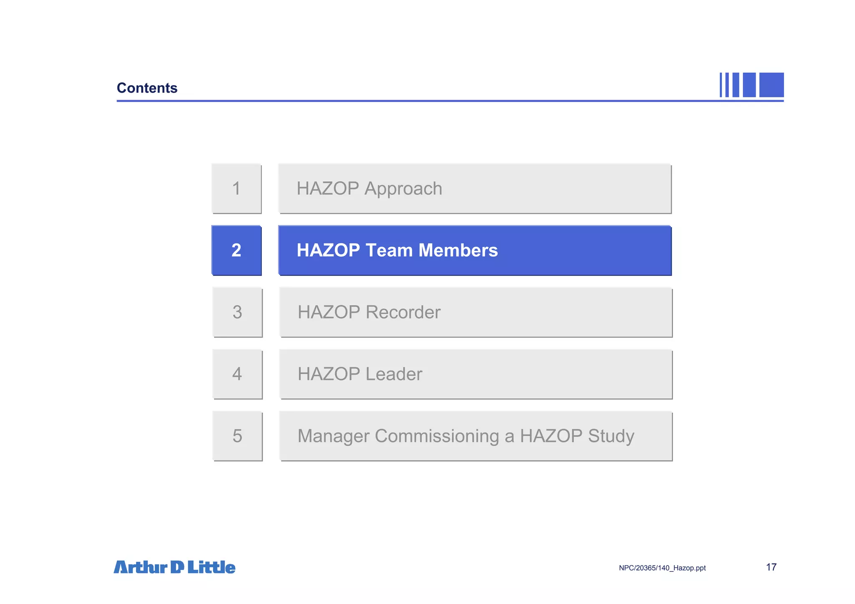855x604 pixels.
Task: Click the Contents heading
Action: click(147, 88)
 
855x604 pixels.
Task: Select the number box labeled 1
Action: click(236, 189)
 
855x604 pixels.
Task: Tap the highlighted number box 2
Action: click(236, 250)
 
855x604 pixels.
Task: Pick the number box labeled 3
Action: click(237, 312)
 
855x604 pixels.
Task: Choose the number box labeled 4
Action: click(237, 374)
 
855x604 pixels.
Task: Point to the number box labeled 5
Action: click(237, 436)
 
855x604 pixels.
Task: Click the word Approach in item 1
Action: click(403, 189)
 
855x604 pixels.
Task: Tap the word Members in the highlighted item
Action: click(458, 250)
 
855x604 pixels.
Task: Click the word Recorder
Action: click(403, 312)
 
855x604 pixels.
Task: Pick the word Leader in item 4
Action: click(394, 374)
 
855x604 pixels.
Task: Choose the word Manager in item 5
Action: click(333, 436)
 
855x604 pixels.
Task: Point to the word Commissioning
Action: click(437, 436)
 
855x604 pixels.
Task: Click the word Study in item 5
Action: click(611, 436)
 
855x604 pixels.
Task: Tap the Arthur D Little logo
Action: click(175, 567)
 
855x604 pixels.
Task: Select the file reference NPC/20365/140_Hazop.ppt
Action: click(662, 568)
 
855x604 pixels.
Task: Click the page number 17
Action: click(771, 567)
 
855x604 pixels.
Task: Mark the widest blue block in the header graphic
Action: click(771, 85)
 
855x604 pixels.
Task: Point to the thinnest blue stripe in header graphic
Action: click(721, 85)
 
